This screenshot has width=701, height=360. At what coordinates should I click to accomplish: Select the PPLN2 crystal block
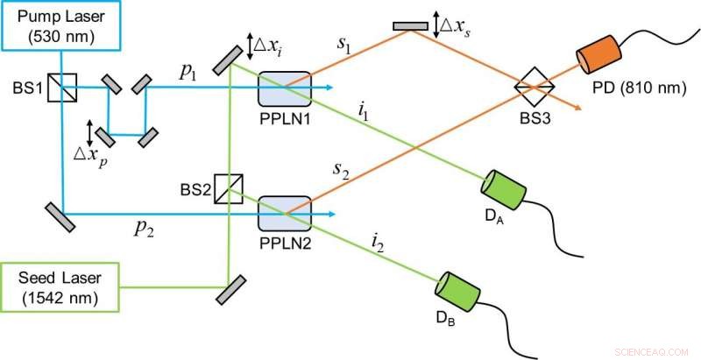[x=285, y=212]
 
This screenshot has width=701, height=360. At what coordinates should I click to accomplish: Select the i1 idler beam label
[x=364, y=110]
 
